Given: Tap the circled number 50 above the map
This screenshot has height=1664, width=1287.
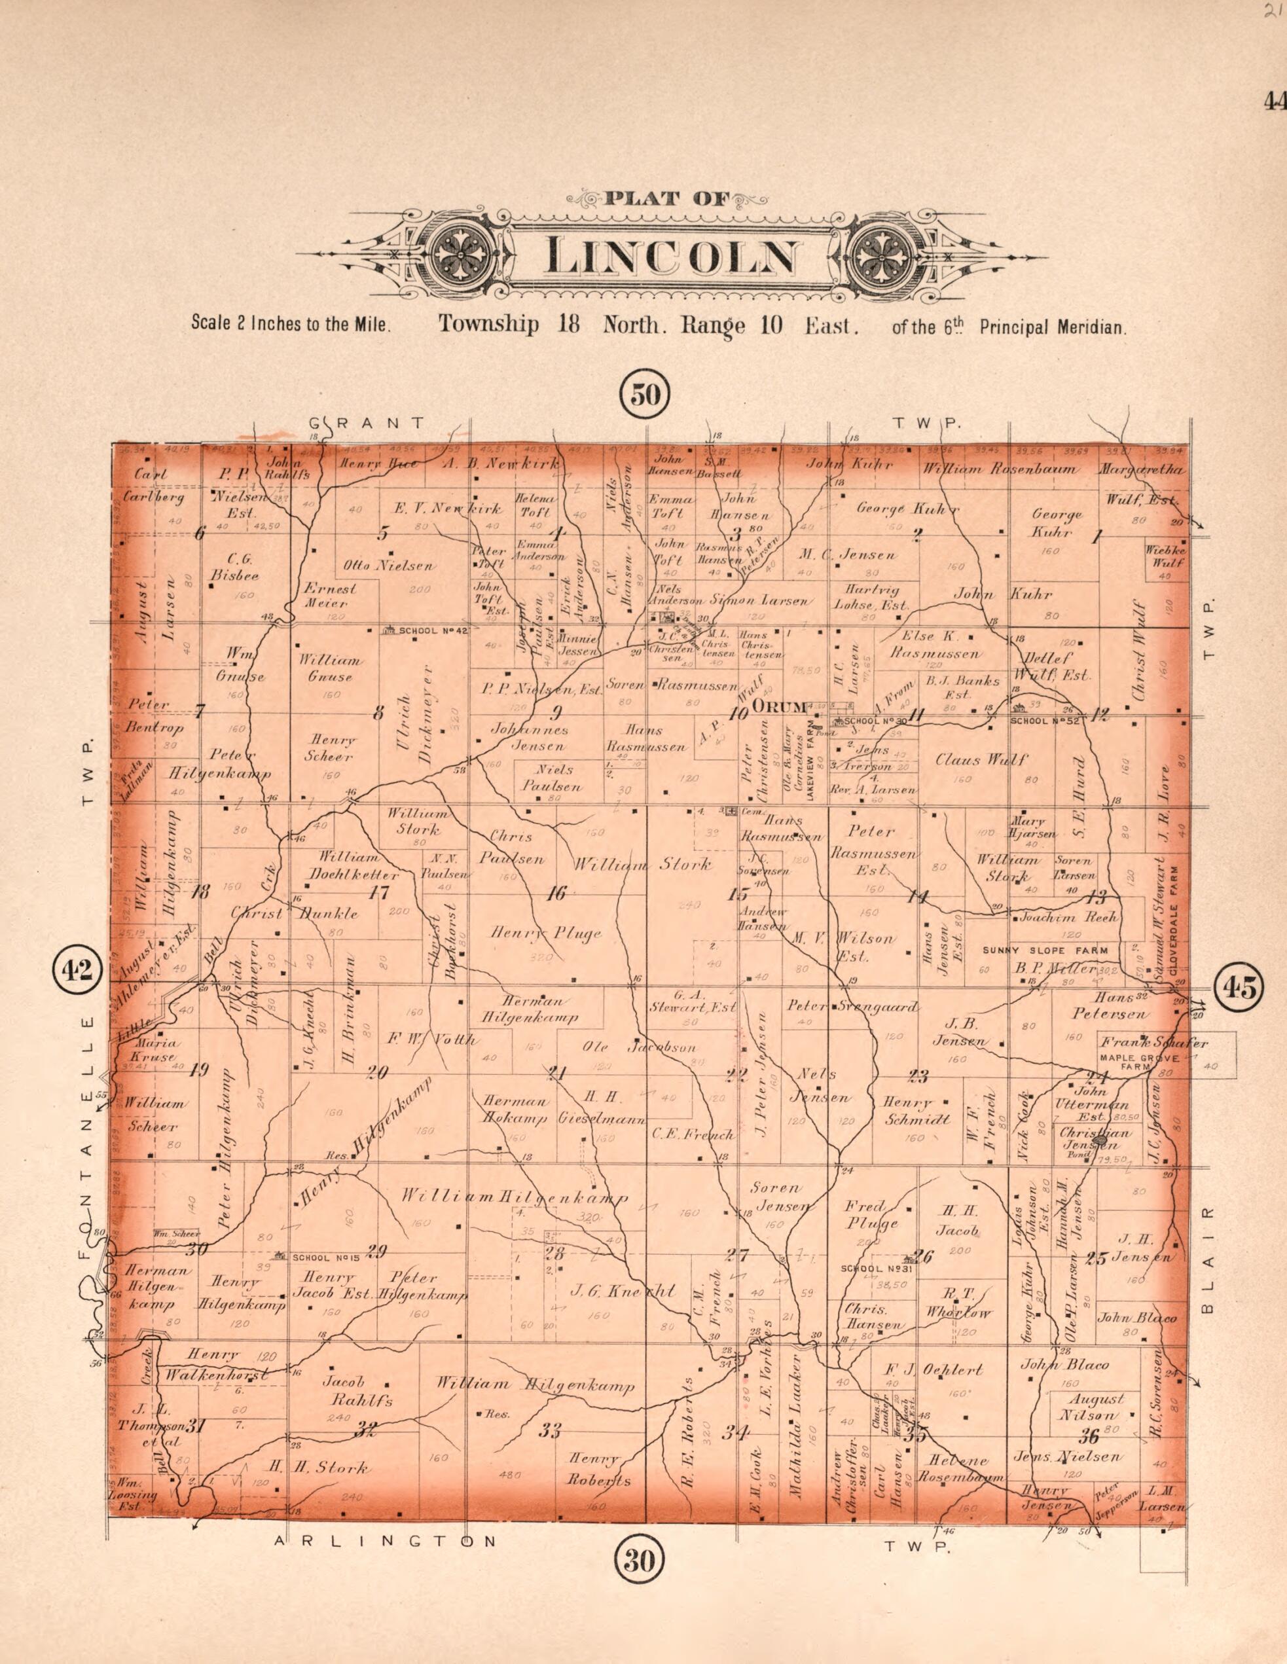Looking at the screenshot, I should [645, 395].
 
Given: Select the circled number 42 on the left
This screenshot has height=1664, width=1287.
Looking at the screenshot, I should [77, 970].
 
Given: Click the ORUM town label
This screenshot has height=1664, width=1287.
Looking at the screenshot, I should [778, 707].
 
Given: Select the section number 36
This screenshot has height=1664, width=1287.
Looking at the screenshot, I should [1087, 1436].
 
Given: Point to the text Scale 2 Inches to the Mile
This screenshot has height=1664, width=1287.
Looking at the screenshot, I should [291, 323].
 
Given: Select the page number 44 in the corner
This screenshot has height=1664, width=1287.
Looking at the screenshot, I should [1273, 101].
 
